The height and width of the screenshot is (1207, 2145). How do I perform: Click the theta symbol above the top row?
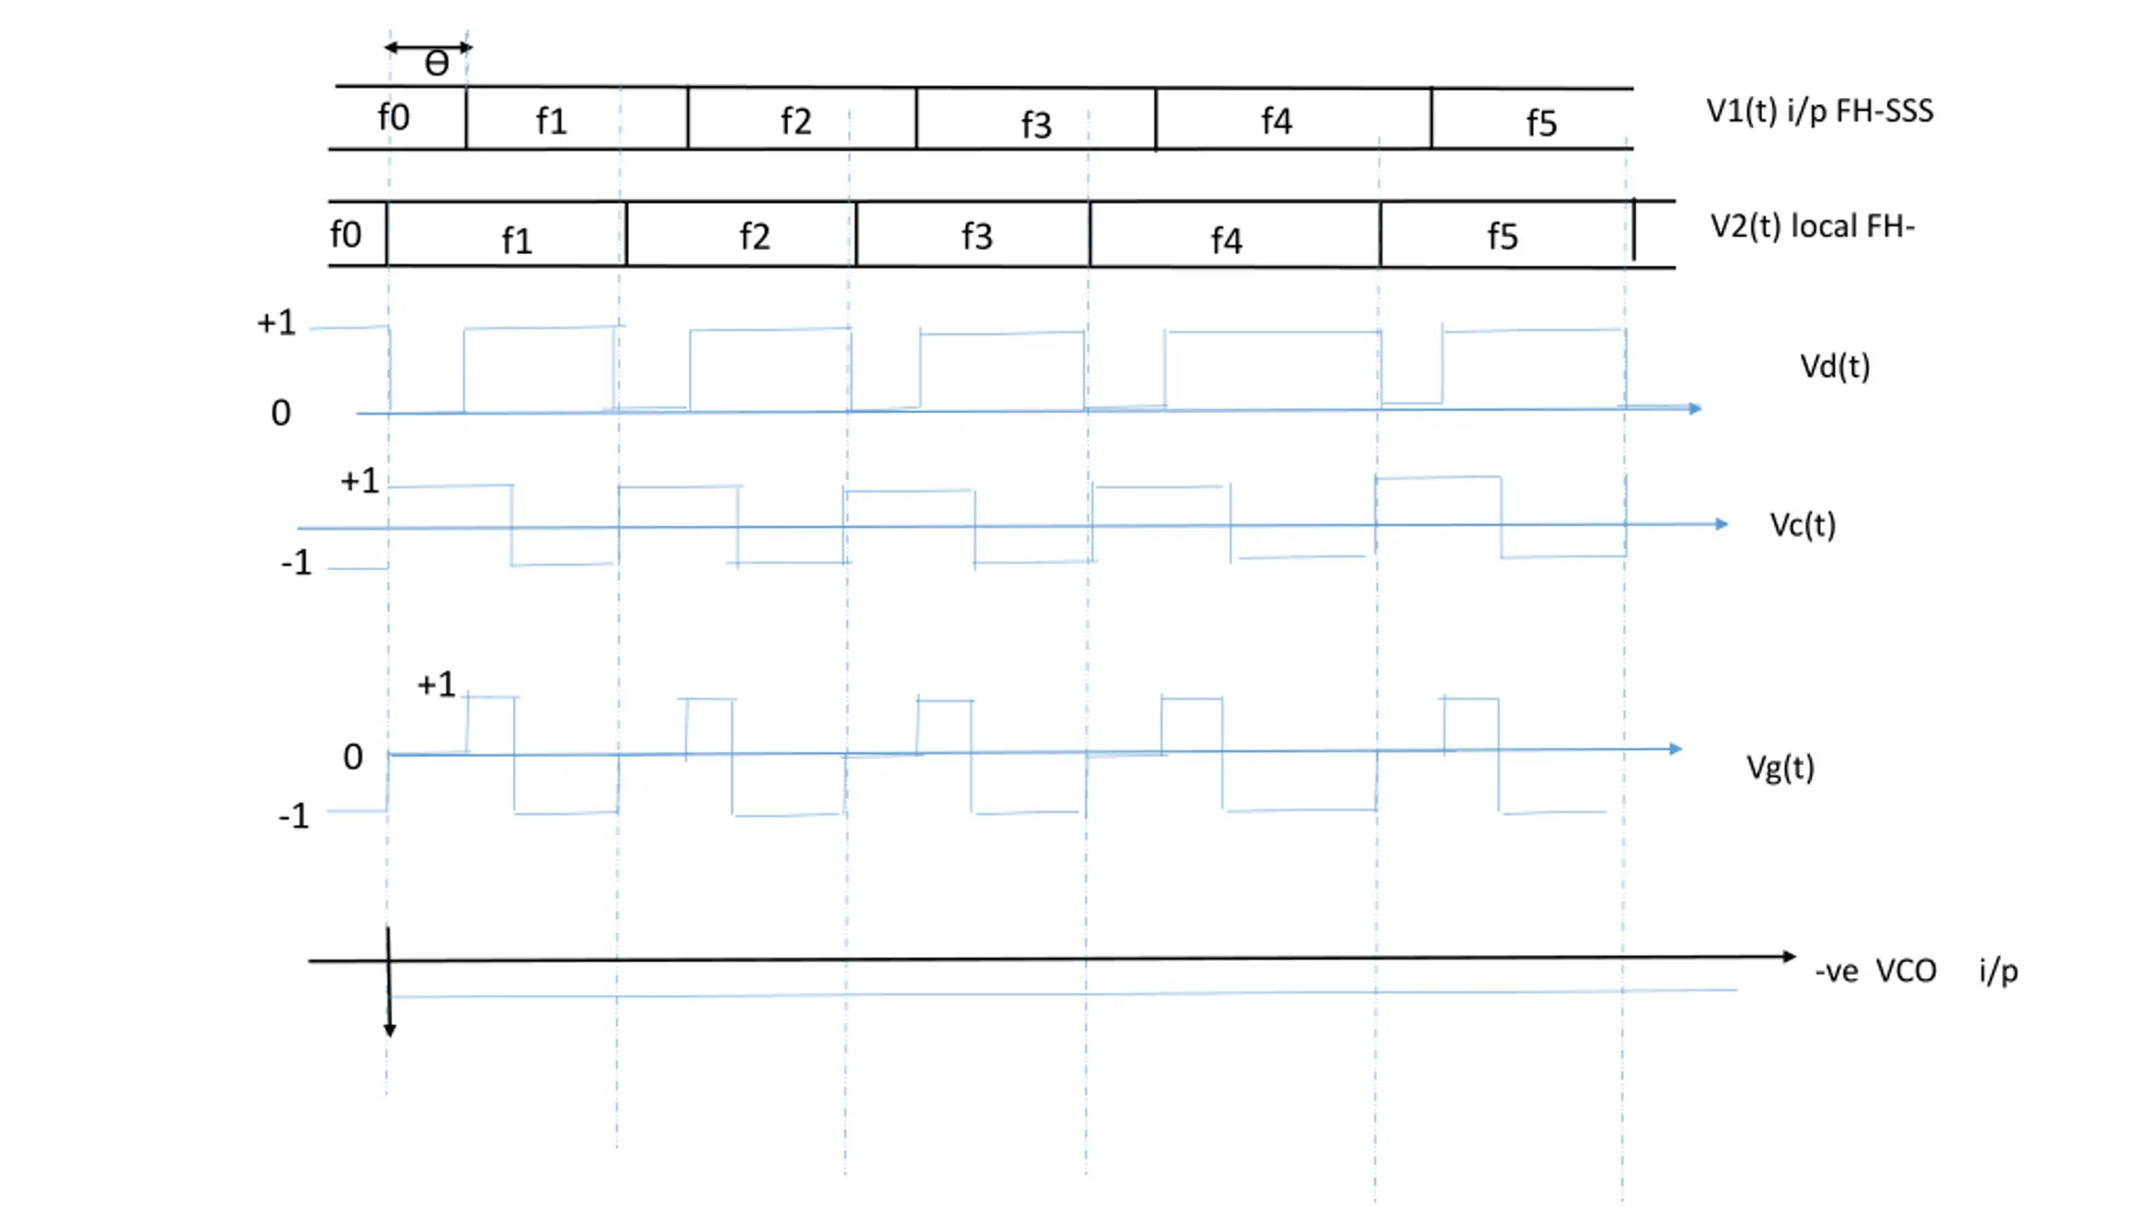[437, 64]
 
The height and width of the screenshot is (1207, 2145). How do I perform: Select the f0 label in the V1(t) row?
[394, 117]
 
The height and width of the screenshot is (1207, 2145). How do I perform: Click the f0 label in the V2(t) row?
[346, 235]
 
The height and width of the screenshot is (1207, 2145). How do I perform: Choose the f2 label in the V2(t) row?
[755, 236]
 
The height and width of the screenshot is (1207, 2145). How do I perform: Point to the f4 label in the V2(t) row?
[1227, 241]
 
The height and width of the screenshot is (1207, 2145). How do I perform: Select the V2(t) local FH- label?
[1812, 226]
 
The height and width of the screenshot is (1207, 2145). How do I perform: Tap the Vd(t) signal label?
[1835, 366]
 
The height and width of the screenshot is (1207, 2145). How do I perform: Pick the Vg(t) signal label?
[1781, 767]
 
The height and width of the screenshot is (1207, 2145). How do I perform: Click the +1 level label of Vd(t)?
[277, 323]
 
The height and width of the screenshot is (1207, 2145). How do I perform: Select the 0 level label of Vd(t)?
[281, 412]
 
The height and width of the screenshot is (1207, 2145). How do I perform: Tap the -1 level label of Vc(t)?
[297, 562]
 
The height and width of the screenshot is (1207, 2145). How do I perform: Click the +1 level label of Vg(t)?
[437, 685]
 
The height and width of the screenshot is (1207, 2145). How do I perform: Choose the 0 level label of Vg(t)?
[353, 757]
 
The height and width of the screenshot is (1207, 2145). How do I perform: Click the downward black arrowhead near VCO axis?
[390, 1030]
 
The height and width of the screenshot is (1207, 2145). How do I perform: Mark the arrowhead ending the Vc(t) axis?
[1721, 524]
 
